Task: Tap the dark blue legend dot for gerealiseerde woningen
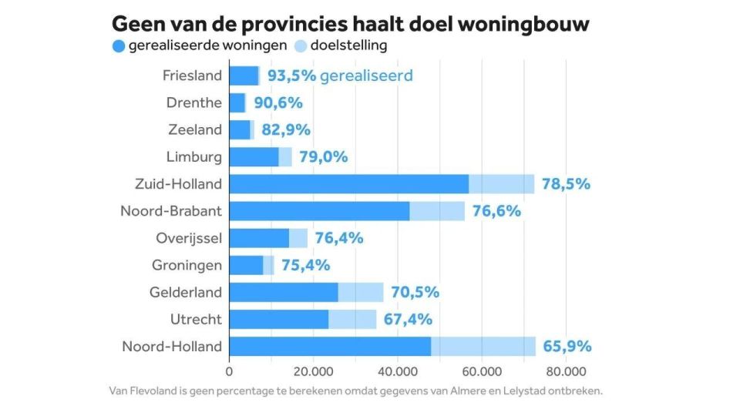pyautogui.click(x=118, y=45)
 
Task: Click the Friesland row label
pyautogui.click(x=192, y=75)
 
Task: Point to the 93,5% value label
pyautogui.click(x=291, y=75)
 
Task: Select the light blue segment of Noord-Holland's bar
pyautogui.click(x=483, y=347)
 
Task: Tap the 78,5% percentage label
pyautogui.click(x=565, y=184)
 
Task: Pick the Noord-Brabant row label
pyautogui.click(x=171, y=211)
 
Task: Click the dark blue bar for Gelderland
pyautogui.click(x=283, y=292)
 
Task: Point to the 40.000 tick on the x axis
pyautogui.click(x=397, y=370)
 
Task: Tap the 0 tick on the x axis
pyautogui.click(x=229, y=370)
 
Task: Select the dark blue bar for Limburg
pyautogui.click(x=254, y=157)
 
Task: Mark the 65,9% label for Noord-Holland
pyautogui.click(x=567, y=347)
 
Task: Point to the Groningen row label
pyautogui.click(x=187, y=265)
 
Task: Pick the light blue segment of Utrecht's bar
pyautogui.click(x=352, y=319)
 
